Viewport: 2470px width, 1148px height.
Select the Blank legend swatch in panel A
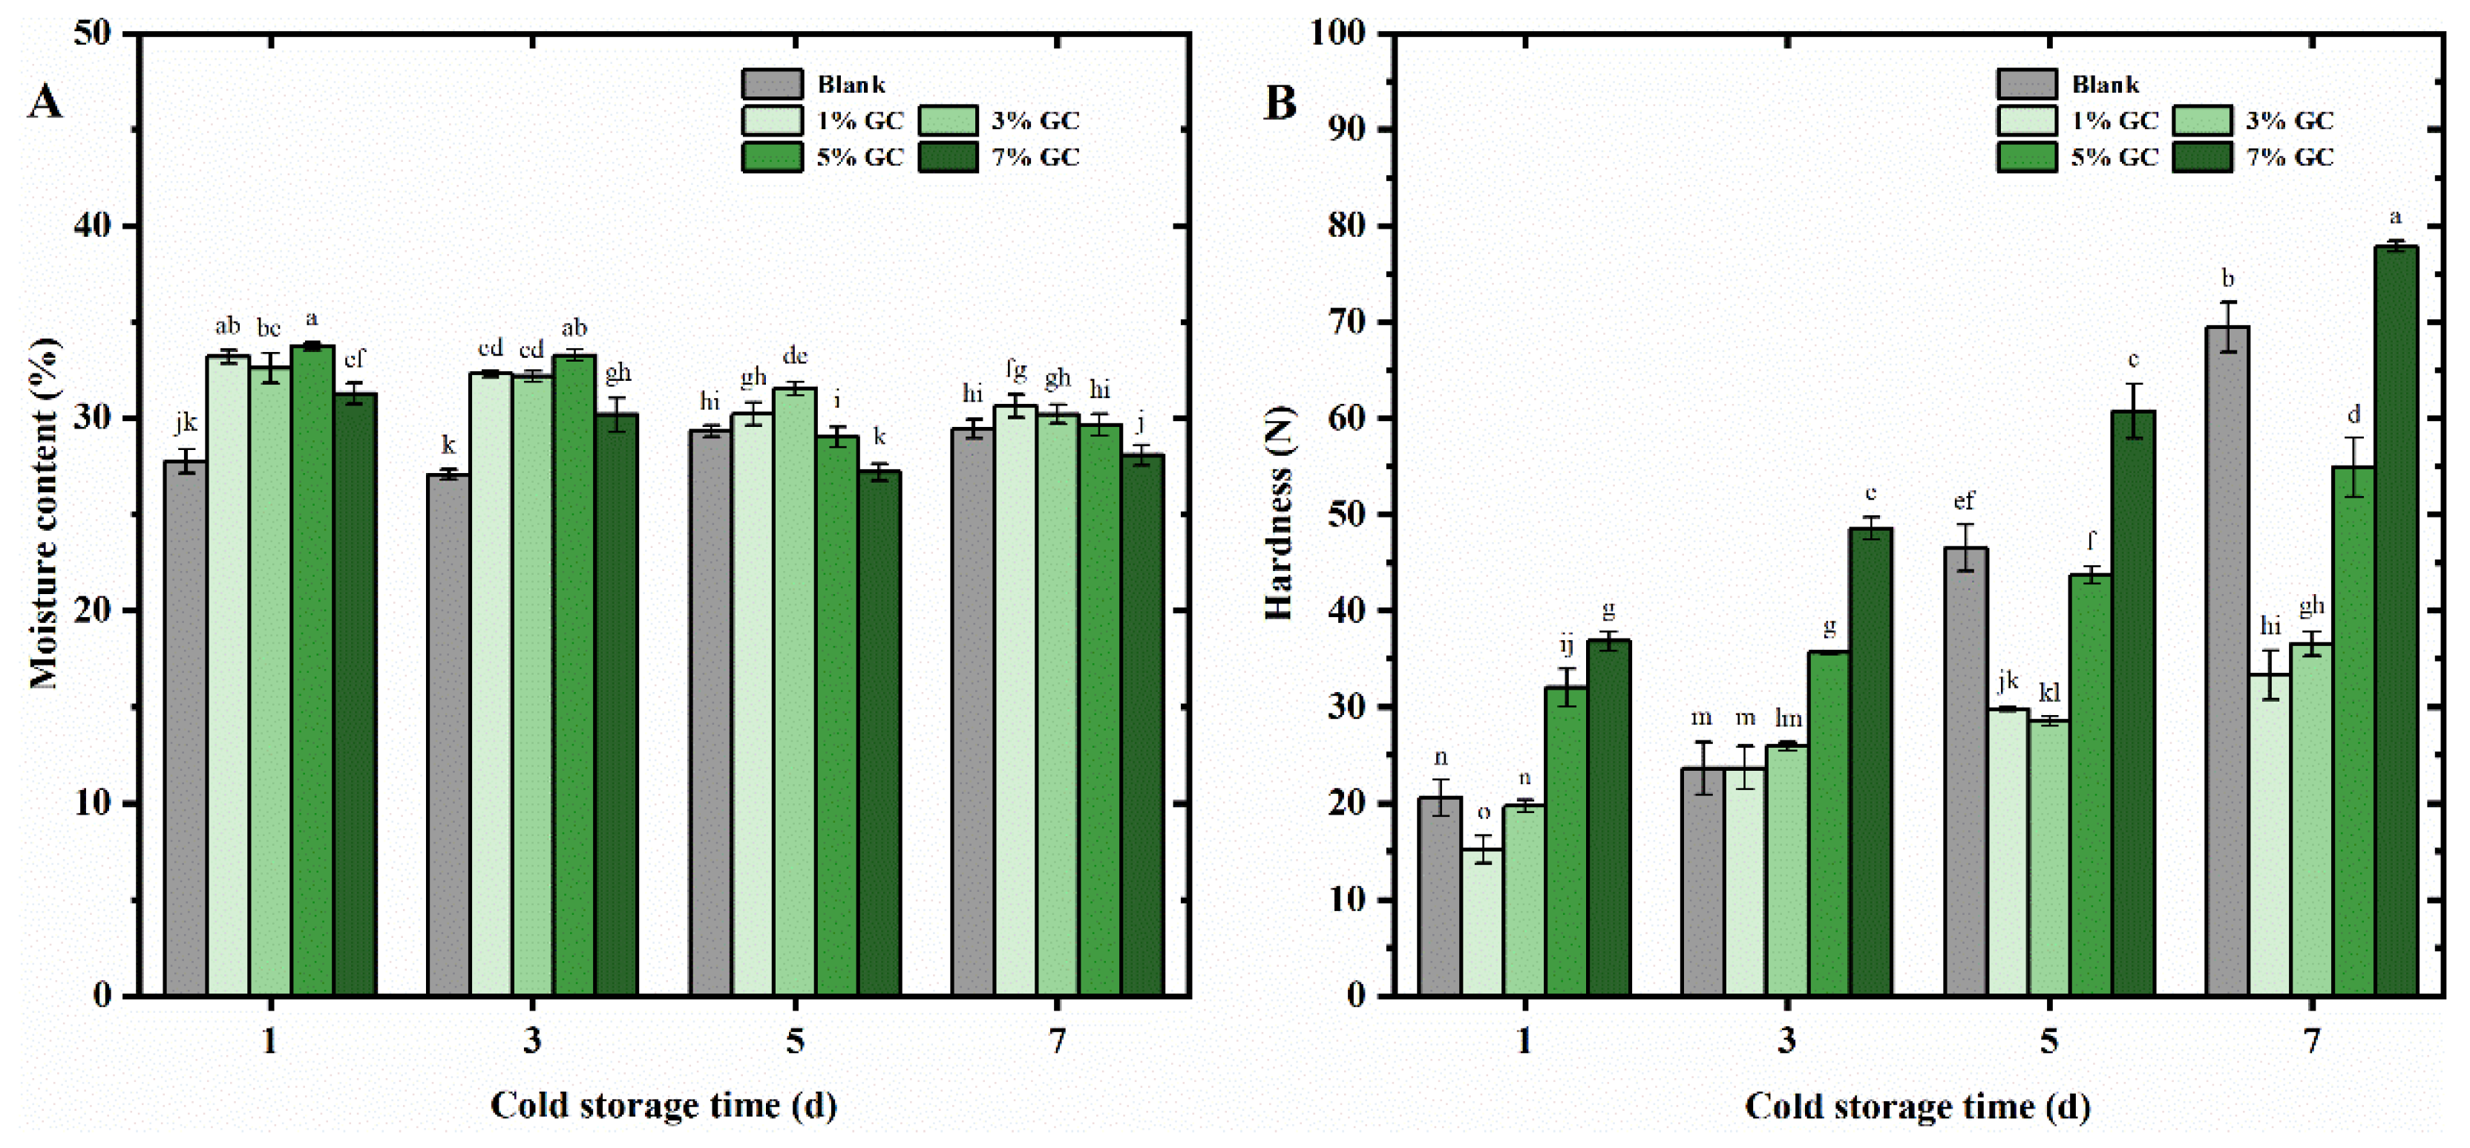(772, 83)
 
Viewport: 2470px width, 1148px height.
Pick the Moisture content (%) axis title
(44, 514)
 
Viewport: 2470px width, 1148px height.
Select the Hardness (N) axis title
(1280, 514)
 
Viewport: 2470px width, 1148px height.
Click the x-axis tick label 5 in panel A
(795, 1040)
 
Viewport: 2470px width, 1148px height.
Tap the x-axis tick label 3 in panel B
(1786, 1040)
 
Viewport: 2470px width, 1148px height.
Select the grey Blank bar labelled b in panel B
(2227, 662)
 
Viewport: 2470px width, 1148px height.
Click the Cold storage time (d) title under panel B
(1917, 1106)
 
